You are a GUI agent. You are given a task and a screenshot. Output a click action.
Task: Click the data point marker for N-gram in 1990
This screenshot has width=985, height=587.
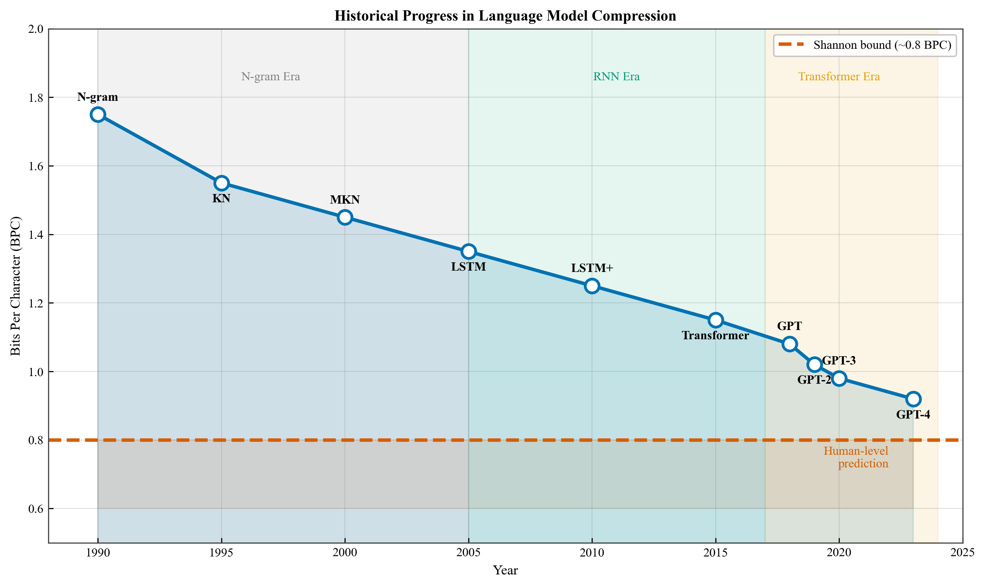click(98, 115)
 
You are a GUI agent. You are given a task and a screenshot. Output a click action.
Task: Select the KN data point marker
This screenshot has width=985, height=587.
click(222, 183)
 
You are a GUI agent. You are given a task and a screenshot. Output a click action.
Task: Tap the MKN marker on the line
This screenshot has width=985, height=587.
click(345, 217)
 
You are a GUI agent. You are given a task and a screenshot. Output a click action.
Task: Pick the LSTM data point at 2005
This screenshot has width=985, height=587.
click(468, 252)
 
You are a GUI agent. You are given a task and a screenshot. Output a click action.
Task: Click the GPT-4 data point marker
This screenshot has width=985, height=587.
click(913, 399)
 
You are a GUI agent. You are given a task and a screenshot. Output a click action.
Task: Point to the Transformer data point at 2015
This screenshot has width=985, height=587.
click(716, 320)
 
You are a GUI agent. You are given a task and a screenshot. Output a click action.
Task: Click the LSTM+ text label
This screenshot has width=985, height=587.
click(592, 268)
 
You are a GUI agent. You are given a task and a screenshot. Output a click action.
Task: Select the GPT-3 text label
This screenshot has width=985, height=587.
click(839, 361)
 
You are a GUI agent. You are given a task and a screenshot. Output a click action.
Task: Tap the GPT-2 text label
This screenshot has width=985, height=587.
click(814, 380)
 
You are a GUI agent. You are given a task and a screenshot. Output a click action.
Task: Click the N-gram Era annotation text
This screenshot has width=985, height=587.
click(271, 76)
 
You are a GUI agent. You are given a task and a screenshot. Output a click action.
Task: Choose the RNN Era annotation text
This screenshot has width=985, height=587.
click(616, 76)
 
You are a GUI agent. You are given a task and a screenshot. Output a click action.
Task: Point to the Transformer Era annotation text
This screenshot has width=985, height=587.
click(839, 76)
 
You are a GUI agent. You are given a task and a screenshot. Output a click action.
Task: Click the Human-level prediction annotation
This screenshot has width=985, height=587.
click(856, 457)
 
